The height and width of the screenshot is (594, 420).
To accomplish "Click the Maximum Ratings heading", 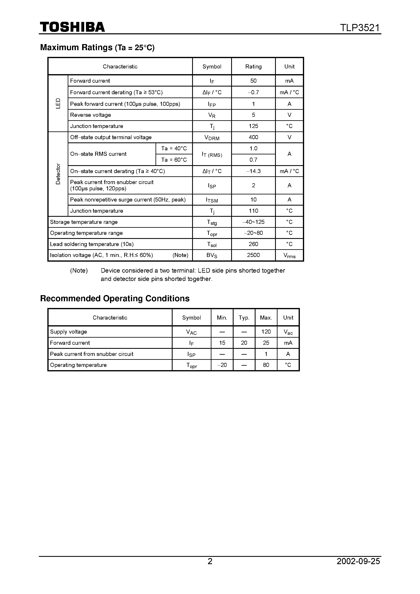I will pos(97,47).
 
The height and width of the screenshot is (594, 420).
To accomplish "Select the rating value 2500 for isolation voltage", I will pos(253,255).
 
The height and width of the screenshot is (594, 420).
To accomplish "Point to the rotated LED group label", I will pos(58,103).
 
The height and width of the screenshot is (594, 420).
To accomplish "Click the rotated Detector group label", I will pos(58,174).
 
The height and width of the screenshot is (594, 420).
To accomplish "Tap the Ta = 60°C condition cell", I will pos(174,160).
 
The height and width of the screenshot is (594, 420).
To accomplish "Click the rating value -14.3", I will pos(253,171).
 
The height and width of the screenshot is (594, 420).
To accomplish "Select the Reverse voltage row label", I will pos(90,115).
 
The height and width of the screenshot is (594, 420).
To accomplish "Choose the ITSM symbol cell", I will pos(212,200).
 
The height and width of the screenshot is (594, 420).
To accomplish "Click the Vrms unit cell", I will pos(289,256).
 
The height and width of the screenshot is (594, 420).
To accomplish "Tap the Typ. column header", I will pos(244,318).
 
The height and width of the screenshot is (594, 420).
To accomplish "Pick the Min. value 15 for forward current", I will pos(222,343).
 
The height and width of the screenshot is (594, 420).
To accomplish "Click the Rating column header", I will pos(253,66).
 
